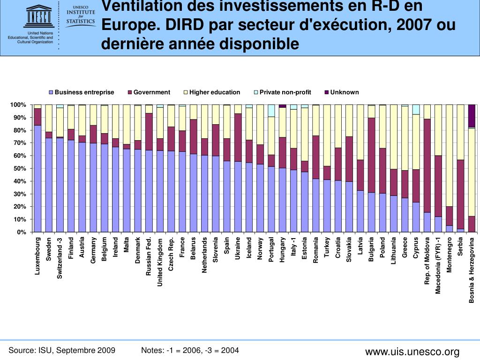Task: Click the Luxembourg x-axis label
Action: point(38,256)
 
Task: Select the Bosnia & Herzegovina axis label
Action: point(472,270)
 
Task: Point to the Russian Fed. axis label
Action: point(149,256)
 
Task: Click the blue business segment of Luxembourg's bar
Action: point(37,178)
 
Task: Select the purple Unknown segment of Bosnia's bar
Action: point(472,116)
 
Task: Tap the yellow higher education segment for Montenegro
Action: point(450,155)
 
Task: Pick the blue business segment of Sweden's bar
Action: point(49,185)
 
